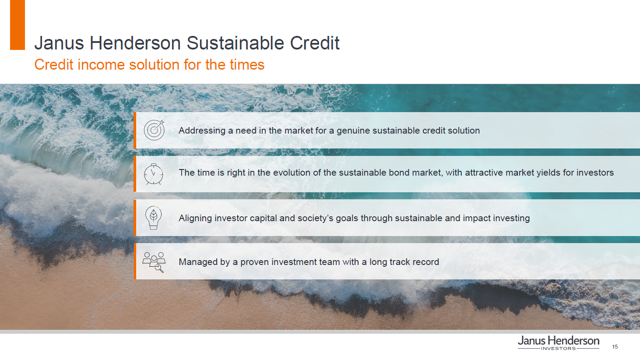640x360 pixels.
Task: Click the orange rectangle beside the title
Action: click(18, 25)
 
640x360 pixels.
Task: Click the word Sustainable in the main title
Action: click(236, 43)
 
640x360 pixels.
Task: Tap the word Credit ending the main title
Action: click(315, 43)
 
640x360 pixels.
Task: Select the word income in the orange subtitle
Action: click(101, 65)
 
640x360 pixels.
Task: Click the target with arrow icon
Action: click(154, 130)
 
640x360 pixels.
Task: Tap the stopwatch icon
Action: click(153, 174)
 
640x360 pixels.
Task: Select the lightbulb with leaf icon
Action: click(153, 218)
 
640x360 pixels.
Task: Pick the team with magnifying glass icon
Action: click(154, 262)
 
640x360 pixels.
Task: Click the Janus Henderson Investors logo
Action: click(559, 343)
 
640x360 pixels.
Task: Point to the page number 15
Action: click(615, 347)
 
